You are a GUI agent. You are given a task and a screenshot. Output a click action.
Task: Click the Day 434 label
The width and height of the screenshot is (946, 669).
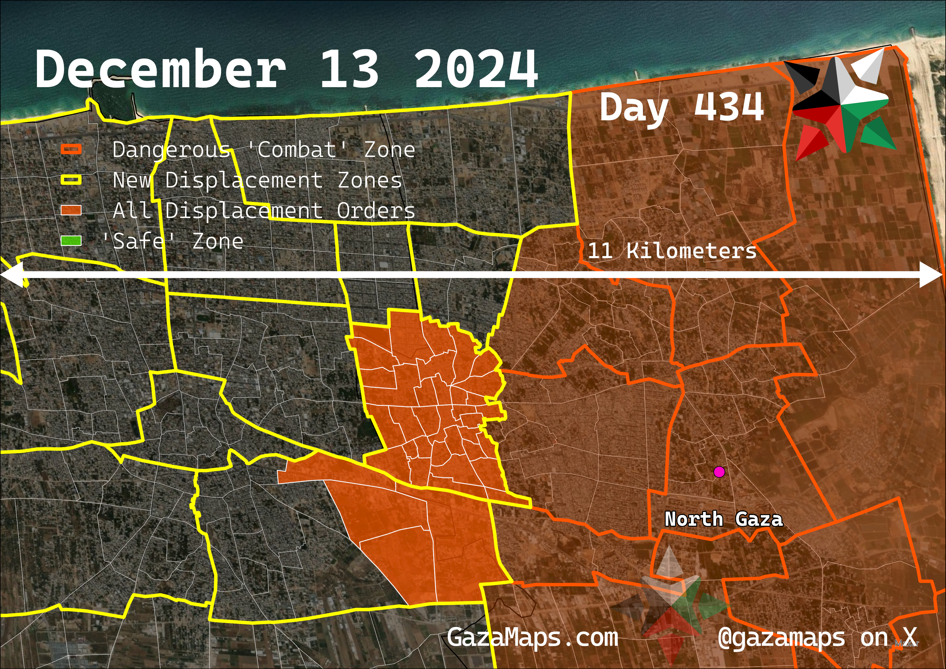tap(682, 107)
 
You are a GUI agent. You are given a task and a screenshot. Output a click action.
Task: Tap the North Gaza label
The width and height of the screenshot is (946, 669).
tap(724, 519)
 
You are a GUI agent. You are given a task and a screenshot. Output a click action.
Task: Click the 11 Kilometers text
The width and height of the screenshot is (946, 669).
tap(672, 251)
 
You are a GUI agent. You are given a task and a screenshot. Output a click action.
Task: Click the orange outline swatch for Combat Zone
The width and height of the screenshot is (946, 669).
tap(71, 149)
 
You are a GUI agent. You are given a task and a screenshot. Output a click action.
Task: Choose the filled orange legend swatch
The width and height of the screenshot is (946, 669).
tap(71, 210)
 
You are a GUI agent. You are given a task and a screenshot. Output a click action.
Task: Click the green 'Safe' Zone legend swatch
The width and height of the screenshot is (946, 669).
tap(71, 241)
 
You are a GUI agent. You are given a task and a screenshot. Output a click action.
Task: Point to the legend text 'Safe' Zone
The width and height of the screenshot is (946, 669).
tap(173, 241)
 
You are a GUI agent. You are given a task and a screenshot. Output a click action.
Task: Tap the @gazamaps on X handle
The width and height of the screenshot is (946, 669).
tap(818, 638)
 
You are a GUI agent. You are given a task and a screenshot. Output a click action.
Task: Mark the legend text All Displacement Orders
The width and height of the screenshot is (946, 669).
tap(264, 211)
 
